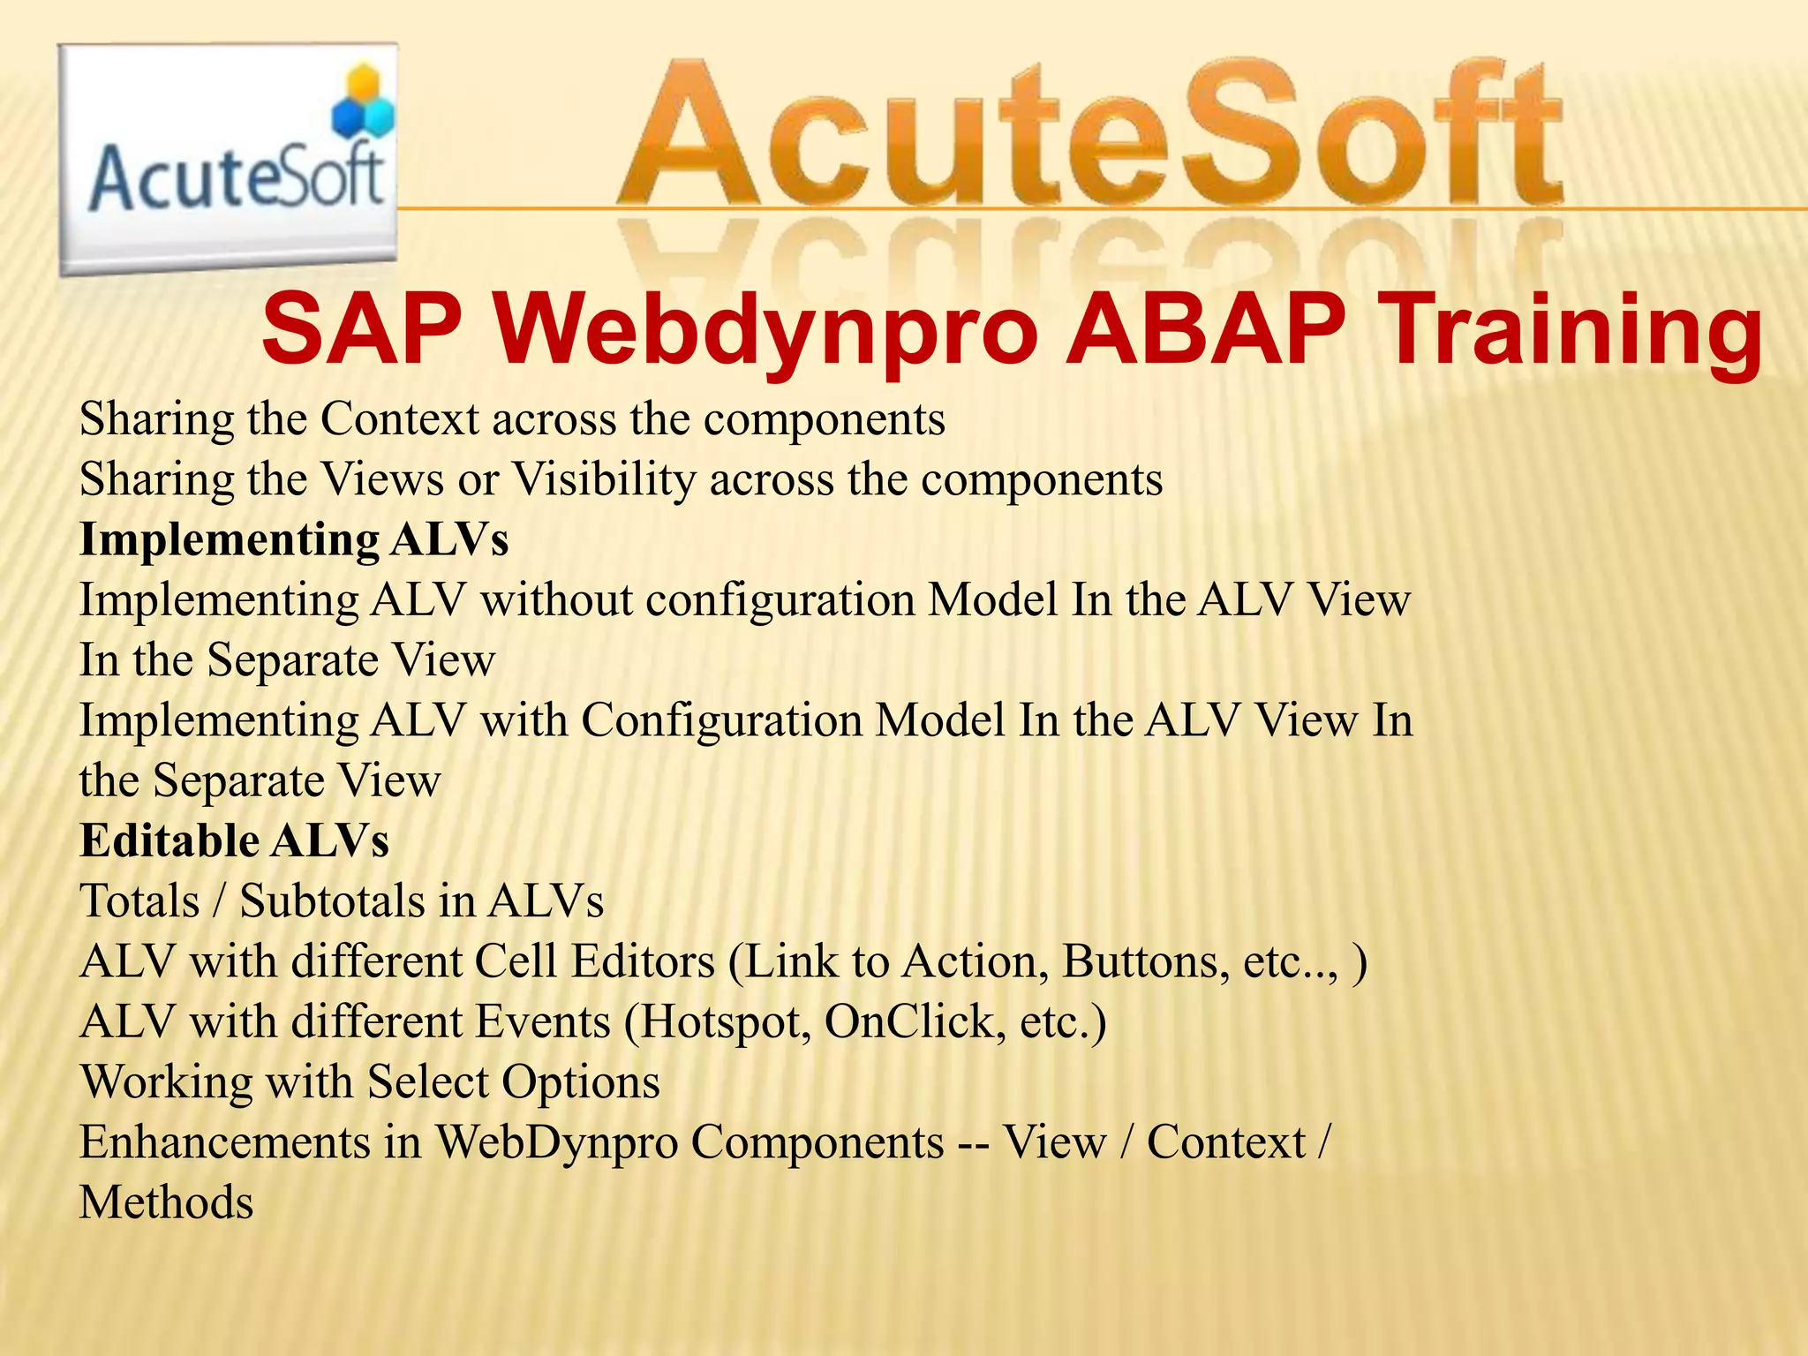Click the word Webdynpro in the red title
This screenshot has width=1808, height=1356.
tap(765, 330)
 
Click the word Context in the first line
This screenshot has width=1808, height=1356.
tap(399, 418)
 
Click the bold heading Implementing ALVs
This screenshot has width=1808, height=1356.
tap(294, 539)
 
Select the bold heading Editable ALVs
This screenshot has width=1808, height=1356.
tap(234, 840)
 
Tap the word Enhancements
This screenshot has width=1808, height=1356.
tap(225, 1142)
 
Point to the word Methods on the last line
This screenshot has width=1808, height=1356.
tap(167, 1203)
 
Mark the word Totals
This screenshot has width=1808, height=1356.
tap(139, 901)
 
